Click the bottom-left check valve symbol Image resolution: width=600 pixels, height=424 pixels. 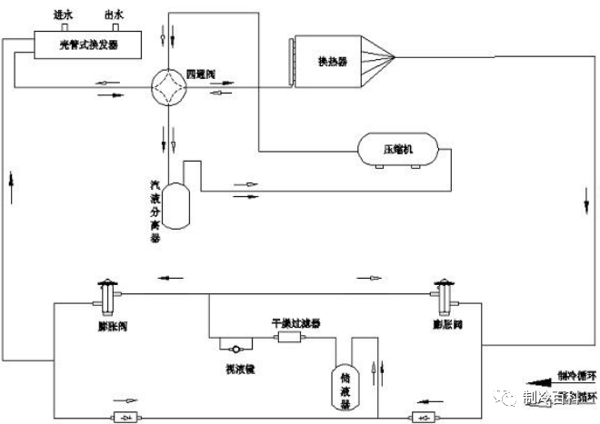point(120,417)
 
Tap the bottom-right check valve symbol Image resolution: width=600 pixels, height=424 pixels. point(418,417)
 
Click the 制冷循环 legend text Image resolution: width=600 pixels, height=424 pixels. point(577,374)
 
